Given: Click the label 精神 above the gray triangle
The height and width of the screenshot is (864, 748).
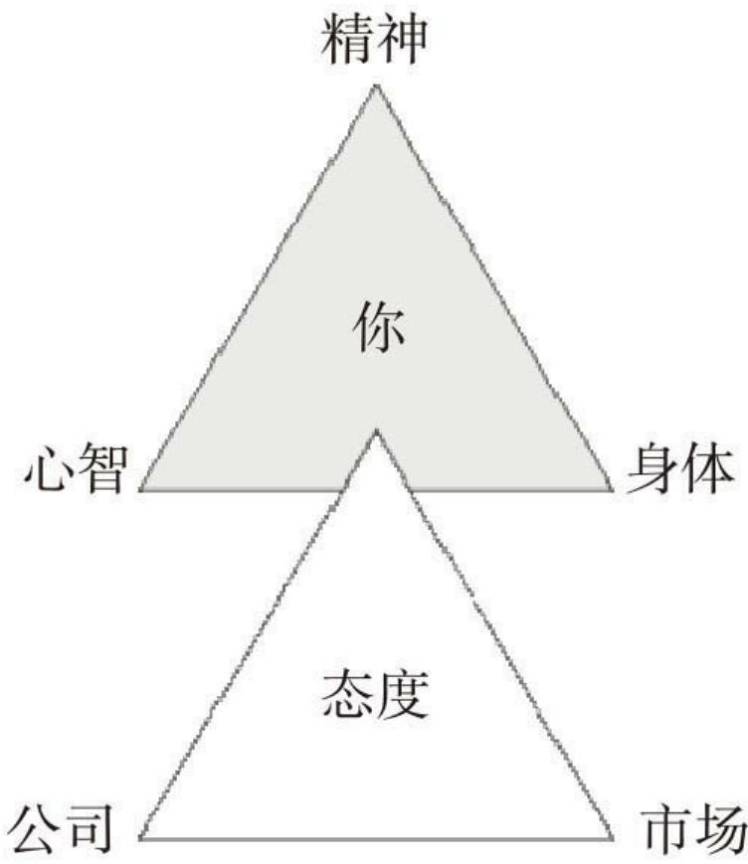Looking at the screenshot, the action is click(374, 40).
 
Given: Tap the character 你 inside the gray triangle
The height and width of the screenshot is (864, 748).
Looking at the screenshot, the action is click(378, 328).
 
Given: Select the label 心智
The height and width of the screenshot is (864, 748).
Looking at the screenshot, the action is click(77, 468).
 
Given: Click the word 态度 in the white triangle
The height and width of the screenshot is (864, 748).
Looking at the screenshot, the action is click(375, 694).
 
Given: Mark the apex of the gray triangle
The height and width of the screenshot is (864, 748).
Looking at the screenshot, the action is click(376, 85).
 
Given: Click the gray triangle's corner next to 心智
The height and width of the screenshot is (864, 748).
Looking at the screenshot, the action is click(140, 489).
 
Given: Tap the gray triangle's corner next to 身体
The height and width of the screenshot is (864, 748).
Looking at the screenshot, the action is click(612, 489).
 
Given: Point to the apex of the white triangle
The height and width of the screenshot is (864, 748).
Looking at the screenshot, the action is click(376, 430).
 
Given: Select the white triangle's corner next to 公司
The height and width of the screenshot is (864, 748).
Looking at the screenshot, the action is click(140, 839).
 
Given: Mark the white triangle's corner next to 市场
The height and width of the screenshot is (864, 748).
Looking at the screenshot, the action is click(612, 839).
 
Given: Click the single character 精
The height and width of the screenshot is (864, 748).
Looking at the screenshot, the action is click(347, 40).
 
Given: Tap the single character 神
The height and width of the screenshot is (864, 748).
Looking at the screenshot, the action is click(402, 40).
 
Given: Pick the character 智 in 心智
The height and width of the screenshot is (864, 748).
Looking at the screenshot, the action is click(103, 468).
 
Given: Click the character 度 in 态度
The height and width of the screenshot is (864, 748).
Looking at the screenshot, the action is click(403, 694).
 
